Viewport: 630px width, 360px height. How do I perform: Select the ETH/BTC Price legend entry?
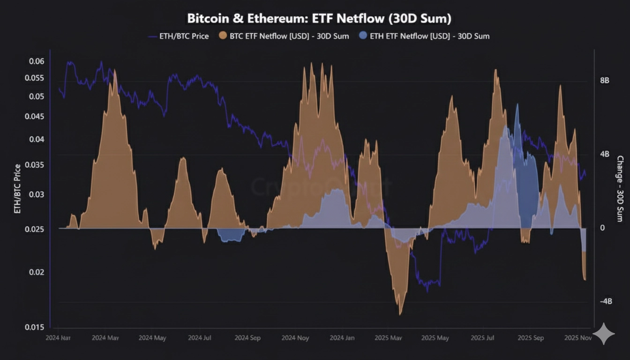[x=178, y=36]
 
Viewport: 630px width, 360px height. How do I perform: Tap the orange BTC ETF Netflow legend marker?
[x=222, y=36]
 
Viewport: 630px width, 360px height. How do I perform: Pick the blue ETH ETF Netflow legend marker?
[x=363, y=36]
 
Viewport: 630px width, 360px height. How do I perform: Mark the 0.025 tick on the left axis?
[x=36, y=229]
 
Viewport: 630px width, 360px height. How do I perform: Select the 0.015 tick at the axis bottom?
[x=36, y=327]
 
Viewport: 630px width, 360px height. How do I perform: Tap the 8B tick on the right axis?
[x=605, y=81]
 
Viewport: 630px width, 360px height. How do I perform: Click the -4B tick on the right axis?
[x=606, y=301]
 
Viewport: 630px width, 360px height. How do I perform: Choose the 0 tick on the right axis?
[x=602, y=228]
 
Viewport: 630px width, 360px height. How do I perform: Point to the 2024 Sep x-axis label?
[x=247, y=337]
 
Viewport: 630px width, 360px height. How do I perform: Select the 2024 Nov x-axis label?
[x=295, y=337]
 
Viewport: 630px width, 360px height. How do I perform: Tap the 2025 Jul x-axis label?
[x=483, y=337]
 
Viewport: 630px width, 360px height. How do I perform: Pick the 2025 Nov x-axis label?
[x=577, y=337]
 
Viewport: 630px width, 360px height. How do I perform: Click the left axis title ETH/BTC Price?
[x=17, y=188]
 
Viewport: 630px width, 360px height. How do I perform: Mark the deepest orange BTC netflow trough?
[x=400, y=313]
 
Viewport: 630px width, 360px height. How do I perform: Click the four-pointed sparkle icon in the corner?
[x=604, y=334]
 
